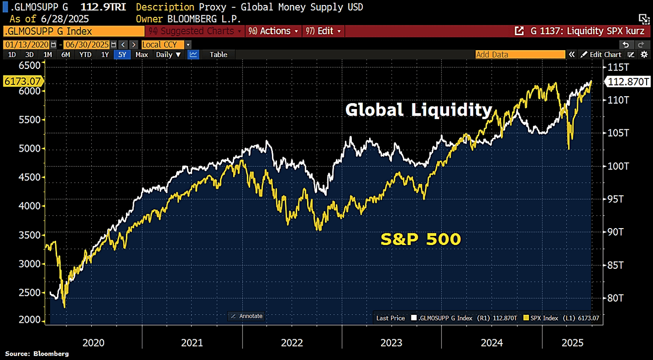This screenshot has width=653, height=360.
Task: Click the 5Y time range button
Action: (x=122, y=55)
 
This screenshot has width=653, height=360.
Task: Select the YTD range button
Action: (x=85, y=55)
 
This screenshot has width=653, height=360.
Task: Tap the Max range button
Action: (x=142, y=55)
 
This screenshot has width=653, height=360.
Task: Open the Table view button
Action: (x=218, y=55)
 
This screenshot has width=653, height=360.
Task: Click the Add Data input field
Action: (x=520, y=55)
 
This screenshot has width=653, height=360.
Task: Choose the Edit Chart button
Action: (x=601, y=55)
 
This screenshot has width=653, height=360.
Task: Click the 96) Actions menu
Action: (x=273, y=31)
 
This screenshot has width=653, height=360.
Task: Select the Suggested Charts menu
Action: (x=195, y=31)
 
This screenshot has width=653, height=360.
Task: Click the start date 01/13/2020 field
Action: (x=27, y=45)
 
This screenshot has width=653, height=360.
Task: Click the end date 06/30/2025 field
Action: (x=87, y=45)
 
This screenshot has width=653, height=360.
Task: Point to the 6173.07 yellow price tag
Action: (x=23, y=81)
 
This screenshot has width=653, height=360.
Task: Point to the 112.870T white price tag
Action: (x=628, y=81)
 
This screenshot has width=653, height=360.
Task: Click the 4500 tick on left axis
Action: (x=30, y=177)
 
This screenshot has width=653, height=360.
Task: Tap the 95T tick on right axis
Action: (x=615, y=199)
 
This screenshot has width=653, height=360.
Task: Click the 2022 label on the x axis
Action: (x=292, y=343)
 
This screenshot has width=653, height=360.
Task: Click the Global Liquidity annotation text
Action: (x=419, y=110)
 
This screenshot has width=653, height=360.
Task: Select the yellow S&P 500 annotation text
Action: (x=421, y=239)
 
